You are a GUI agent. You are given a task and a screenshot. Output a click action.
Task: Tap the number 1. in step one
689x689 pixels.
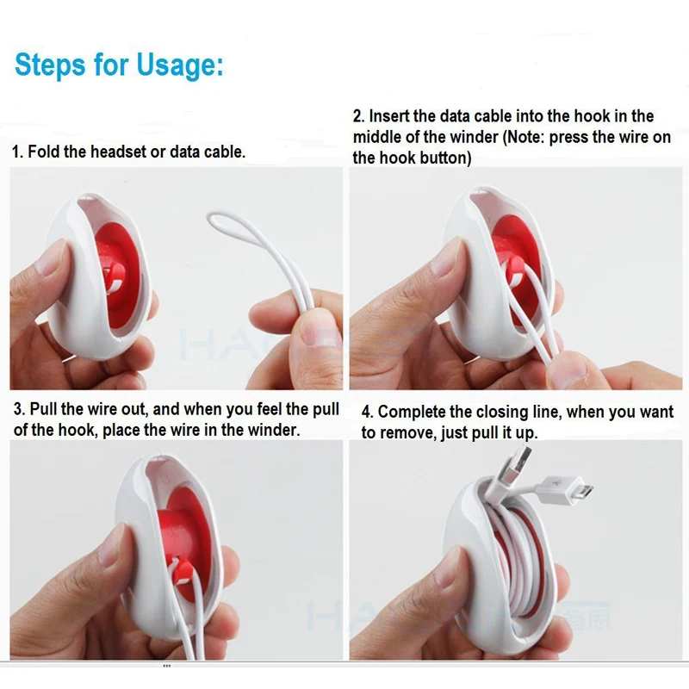(x=17, y=152)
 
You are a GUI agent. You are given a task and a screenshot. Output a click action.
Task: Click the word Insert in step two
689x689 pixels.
(x=389, y=116)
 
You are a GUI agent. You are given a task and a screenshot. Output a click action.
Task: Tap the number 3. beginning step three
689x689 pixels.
(x=18, y=408)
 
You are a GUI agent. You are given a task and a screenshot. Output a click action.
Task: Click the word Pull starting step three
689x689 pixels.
(x=44, y=408)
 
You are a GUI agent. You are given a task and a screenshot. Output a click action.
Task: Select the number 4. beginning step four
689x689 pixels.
(x=367, y=412)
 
